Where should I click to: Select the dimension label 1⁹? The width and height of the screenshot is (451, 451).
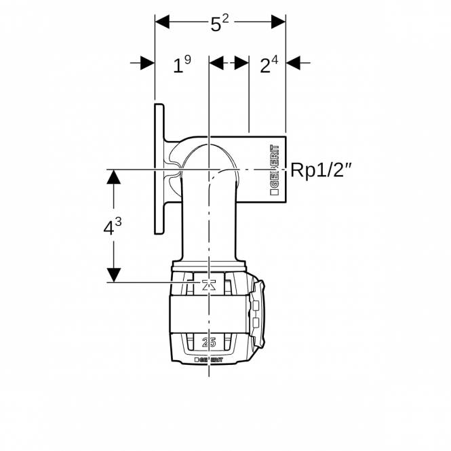coord(182,64)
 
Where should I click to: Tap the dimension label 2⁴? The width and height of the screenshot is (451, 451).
coord(269,64)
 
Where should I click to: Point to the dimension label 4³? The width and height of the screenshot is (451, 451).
coord(113,226)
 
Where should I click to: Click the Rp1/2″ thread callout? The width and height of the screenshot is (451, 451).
coord(321,170)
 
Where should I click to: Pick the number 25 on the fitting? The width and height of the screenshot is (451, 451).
coord(209,342)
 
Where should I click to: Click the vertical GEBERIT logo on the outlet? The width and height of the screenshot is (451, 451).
coord(275,170)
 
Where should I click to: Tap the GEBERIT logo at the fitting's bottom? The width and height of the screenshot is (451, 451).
coord(208,359)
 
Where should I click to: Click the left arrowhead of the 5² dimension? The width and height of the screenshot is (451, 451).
coord(162,22)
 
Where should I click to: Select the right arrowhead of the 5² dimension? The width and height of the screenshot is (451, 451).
coord(279,22)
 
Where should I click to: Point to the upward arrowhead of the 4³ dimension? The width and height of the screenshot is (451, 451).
coord(114,176)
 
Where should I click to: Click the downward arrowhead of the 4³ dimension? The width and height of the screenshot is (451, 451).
coord(114,275)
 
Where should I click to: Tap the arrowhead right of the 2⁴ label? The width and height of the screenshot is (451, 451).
coord(293,62)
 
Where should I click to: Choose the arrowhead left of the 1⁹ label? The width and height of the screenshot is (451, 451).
coord(148,62)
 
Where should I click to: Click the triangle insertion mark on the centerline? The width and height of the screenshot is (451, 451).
coord(208,285)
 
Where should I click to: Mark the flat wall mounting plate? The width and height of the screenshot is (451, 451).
coord(159,169)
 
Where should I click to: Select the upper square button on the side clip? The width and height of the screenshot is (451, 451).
coord(256,305)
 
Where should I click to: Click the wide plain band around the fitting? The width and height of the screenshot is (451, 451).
coord(208,315)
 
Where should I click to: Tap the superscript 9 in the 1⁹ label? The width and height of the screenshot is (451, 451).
coord(188,60)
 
